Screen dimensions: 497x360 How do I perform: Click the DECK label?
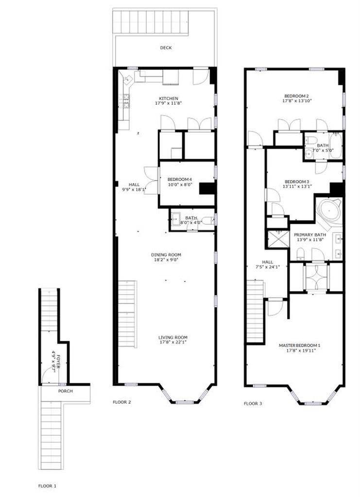click(x=166, y=48)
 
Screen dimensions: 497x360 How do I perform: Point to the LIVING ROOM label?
click(x=172, y=337)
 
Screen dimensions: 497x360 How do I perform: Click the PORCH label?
click(x=65, y=391)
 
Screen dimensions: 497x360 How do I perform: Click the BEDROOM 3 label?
click(x=297, y=181)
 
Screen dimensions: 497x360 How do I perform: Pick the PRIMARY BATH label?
click(x=309, y=234)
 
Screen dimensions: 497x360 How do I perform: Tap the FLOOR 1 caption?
click(x=48, y=485)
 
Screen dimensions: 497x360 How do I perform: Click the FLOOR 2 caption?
click(x=122, y=402)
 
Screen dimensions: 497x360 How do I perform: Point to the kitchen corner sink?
click(x=125, y=79)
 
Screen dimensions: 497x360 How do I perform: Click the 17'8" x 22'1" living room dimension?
click(x=172, y=343)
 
